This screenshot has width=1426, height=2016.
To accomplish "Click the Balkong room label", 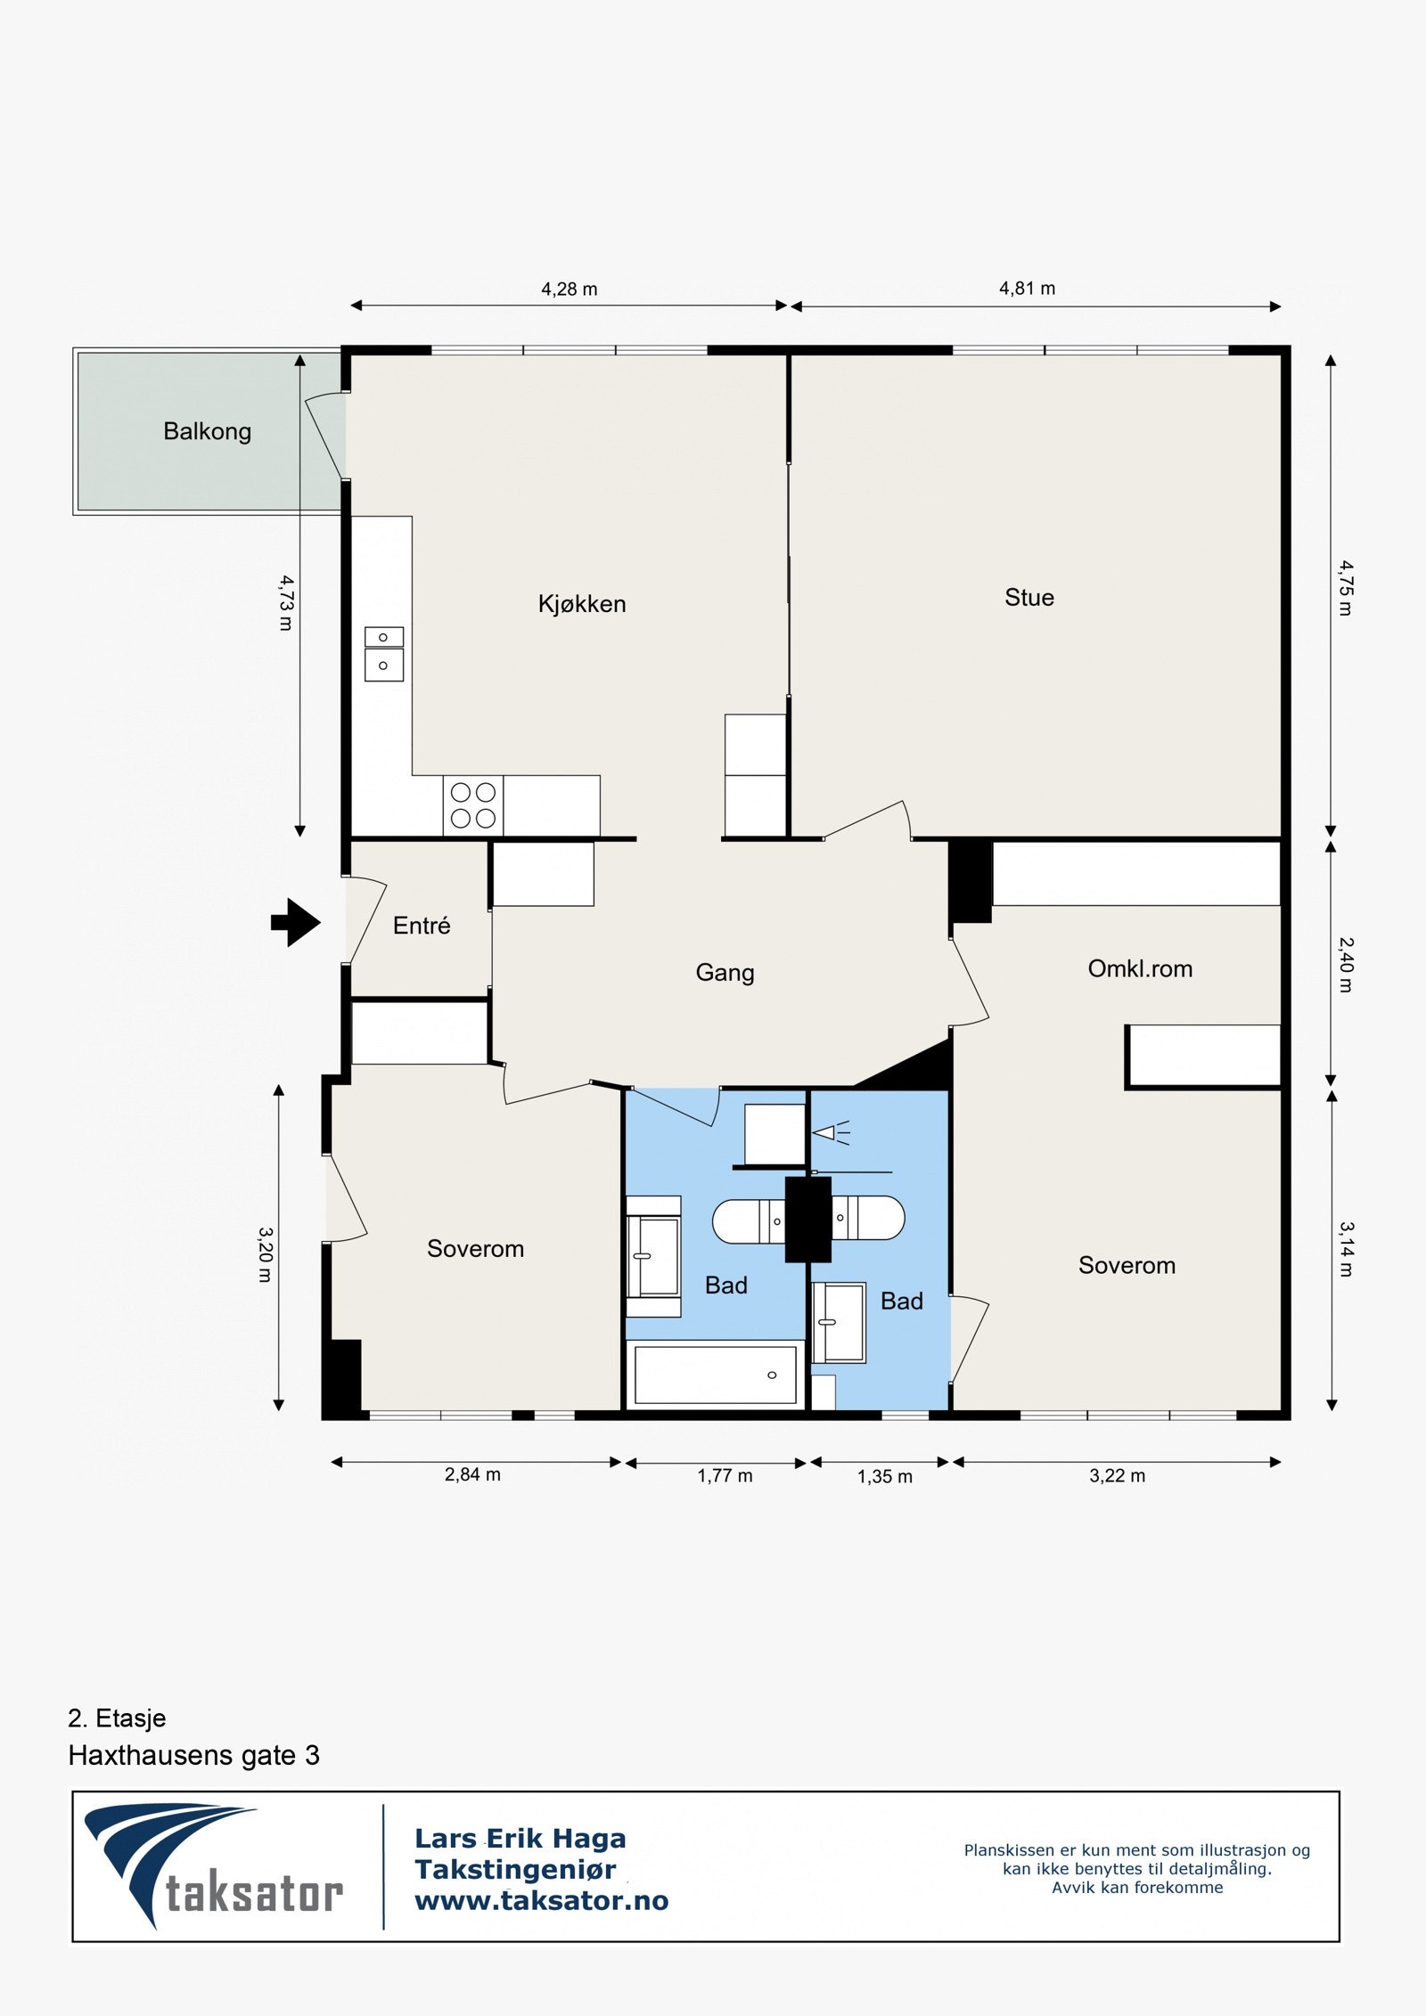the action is tap(207, 432).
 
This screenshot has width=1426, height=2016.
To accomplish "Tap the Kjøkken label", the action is tap(582, 604).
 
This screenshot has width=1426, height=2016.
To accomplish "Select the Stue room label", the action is tap(1029, 598).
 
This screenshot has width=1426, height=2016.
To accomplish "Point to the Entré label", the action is tap(422, 926).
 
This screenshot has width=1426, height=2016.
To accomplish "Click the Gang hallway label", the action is tap(725, 973).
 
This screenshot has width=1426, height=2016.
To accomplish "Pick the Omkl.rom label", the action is tap(1140, 969).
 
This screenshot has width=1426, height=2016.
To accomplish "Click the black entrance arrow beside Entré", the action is tap(295, 922).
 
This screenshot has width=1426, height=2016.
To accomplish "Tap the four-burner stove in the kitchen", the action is tap(473, 805).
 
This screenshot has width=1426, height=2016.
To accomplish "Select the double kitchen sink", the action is tap(384, 655).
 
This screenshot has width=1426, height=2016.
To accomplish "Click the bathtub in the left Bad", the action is tap(715, 1375).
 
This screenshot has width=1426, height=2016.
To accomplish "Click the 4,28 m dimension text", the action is tap(570, 290).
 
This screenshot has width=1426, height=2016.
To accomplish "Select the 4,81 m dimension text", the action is tap(1027, 289).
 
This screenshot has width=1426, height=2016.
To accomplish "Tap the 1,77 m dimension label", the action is tap(725, 1476).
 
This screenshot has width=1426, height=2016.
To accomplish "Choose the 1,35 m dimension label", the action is tap(885, 1477).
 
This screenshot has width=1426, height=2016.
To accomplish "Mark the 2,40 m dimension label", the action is tap(1346, 965).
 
